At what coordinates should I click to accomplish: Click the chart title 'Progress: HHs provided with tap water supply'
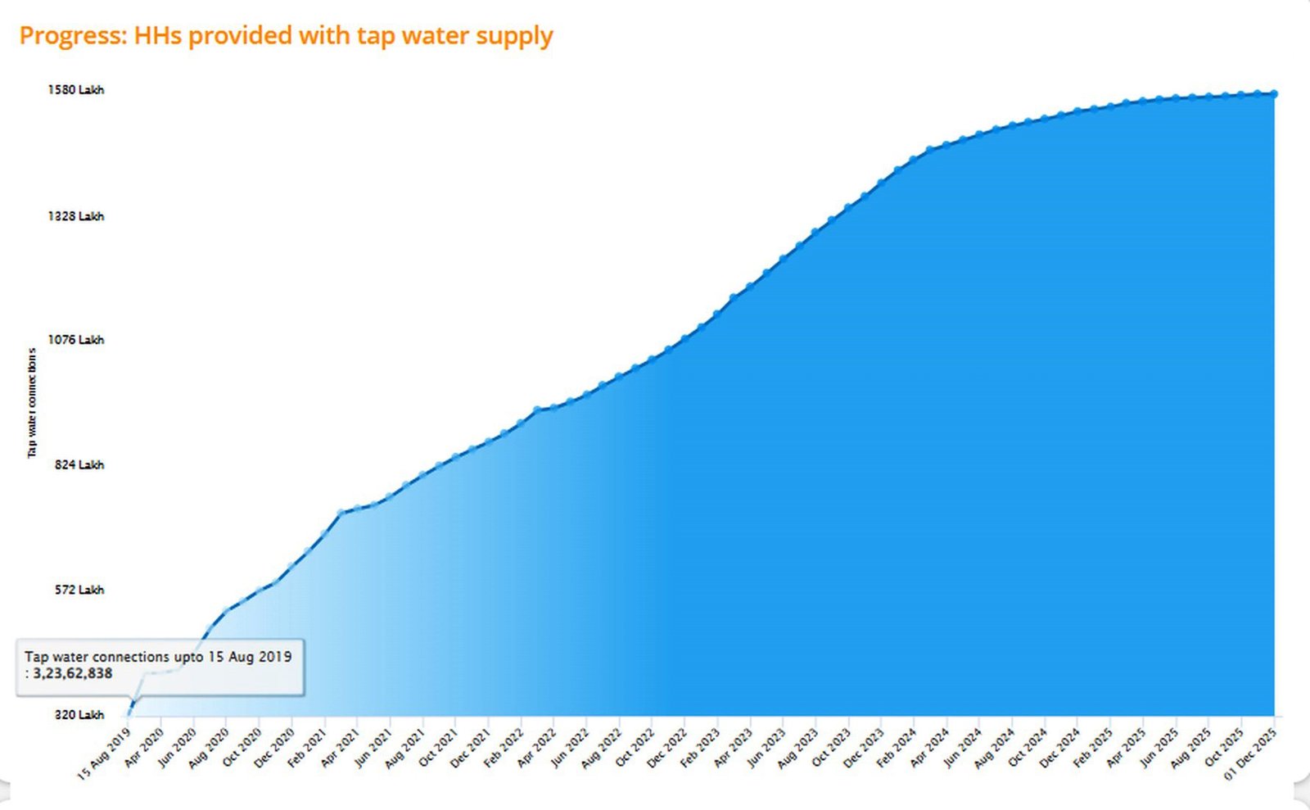click(x=286, y=36)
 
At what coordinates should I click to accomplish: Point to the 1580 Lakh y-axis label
click(x=75, y=90)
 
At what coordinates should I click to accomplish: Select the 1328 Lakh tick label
click(x=75, y=216)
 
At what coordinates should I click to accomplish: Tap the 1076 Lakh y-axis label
click(x=75, y=340)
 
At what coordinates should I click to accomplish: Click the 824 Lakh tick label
click(x=79, y=465)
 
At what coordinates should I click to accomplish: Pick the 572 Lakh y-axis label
click(x=79, y=590)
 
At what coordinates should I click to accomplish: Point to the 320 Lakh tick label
click(x=79, y=715)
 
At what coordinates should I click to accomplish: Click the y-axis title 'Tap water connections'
click(x=32, y=402)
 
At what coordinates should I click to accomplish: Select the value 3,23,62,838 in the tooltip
click(x=73, y=674)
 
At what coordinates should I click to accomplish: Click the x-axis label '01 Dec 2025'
click(x=1251, y=753)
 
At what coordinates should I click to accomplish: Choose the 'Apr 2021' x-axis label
click(x=340, y=748)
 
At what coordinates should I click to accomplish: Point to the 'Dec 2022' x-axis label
click(x=666, y=749)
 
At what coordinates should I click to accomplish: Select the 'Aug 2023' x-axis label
click(x=797, y=749)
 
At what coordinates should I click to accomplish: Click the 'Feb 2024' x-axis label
click(x=896, y=749)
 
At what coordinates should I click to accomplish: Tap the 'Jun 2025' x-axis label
click(x=1159, y=748)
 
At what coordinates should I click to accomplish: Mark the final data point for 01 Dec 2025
click(x=1274, y=94)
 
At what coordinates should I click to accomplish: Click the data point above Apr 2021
click(x=341, y=513)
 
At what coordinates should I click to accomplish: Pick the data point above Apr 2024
click(x=930, y=150)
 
